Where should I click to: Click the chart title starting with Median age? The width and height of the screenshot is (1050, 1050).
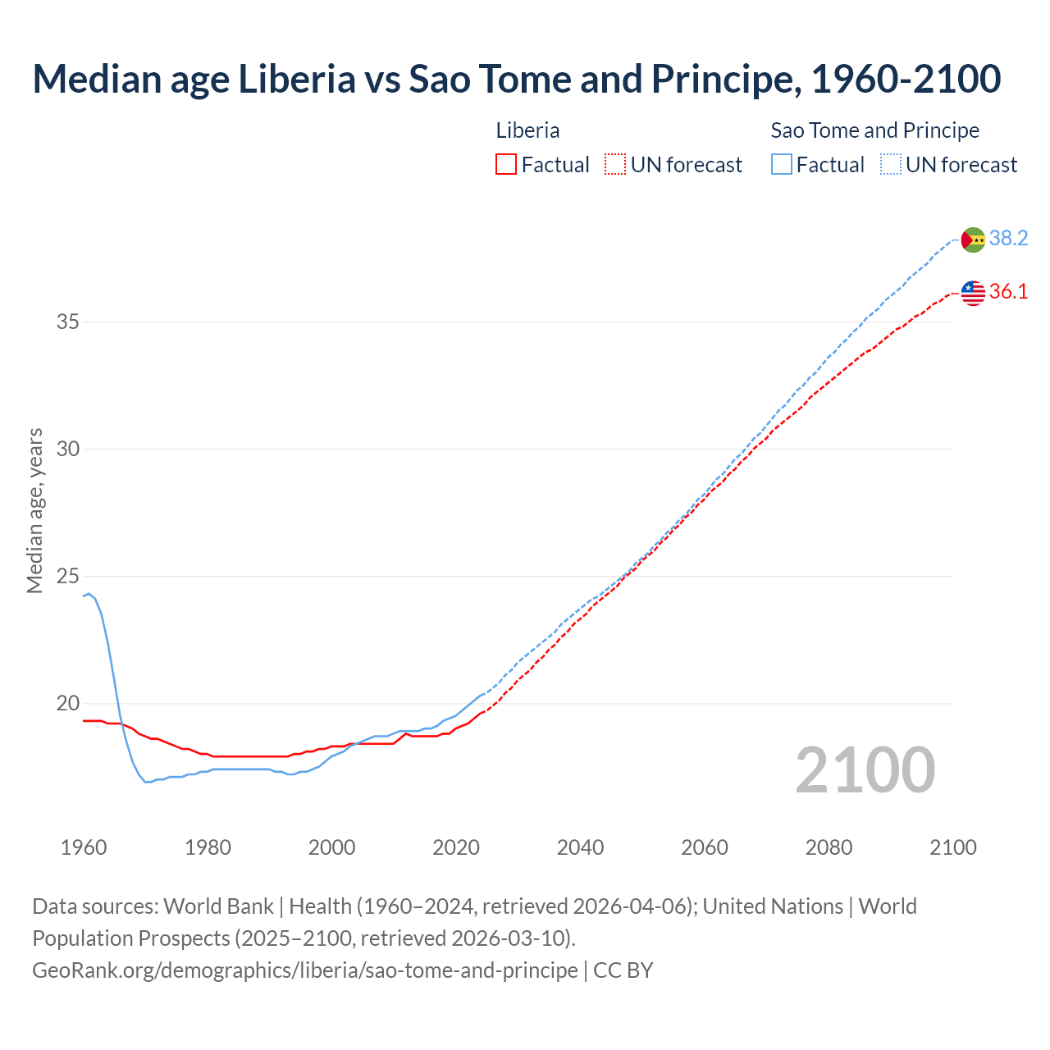[x=516, y=79]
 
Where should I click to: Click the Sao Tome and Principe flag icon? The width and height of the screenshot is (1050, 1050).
[x=973, y=240]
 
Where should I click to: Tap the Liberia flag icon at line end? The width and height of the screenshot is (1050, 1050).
[x=973, y=293]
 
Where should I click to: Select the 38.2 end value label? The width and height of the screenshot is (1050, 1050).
[x=1008, y=238]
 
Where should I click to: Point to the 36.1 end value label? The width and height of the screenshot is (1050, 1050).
[x=1008, y=291]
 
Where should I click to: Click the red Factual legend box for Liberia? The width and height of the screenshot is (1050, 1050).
[x=506, y=165]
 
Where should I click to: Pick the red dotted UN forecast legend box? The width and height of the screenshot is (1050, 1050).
[x=615, y=165]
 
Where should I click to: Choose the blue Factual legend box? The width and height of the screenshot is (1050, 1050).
[x=782, y=165]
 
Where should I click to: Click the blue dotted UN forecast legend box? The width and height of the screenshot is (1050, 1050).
[x=891, y=165]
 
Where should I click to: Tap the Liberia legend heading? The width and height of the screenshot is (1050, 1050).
[x=527, y=130]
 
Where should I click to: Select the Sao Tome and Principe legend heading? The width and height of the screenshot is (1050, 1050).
[x=874, y=130]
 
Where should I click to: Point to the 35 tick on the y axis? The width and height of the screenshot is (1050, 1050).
[x=68, y=322]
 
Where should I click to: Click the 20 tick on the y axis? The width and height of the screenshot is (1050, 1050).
[x=68, y=703]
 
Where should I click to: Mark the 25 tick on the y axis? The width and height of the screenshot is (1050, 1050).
[x=68, y=576]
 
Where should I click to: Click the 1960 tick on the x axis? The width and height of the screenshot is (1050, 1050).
[x=84, y=847]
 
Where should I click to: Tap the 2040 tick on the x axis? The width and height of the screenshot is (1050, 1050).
[x=580, y=847]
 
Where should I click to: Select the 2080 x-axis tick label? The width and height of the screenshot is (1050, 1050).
[x=829, y=847]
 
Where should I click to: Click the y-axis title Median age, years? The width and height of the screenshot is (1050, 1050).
[x=34, y=510]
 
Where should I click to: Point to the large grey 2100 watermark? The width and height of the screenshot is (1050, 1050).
[x=865, y=770]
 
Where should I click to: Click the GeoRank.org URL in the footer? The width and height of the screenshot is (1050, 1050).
[x=305, y=970]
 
